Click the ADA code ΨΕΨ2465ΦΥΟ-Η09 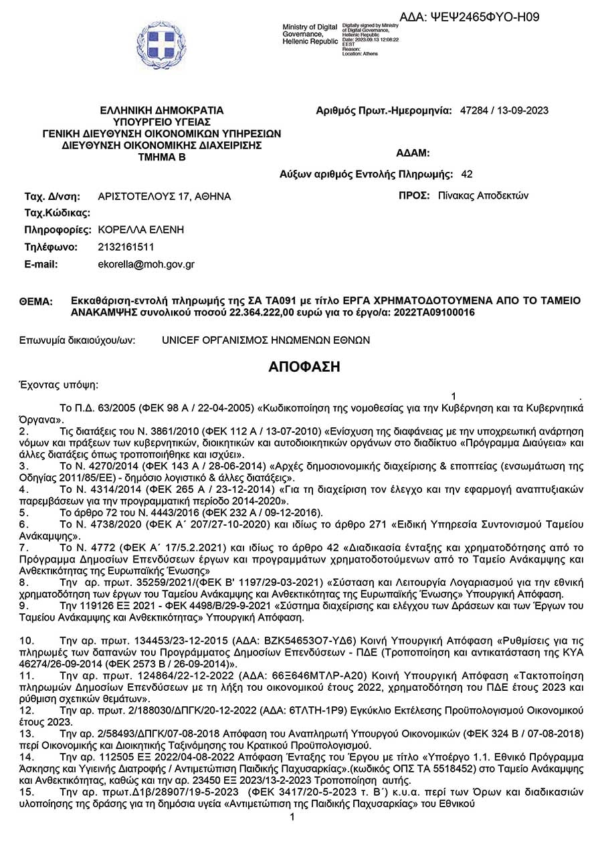[x=469, y=17]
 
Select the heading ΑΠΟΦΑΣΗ [x=304, y=366]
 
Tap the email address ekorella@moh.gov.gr [x=146, y=264]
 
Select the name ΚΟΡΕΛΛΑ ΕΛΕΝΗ [x=140, y=229]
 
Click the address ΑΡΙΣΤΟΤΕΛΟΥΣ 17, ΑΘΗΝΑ [x=164, y=197]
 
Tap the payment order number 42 [x=467, y=175]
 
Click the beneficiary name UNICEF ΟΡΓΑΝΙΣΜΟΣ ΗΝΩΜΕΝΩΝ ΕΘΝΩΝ [x=266, y=340]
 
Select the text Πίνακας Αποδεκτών [x=483, y=196]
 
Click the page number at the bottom [x=292, y=818]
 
